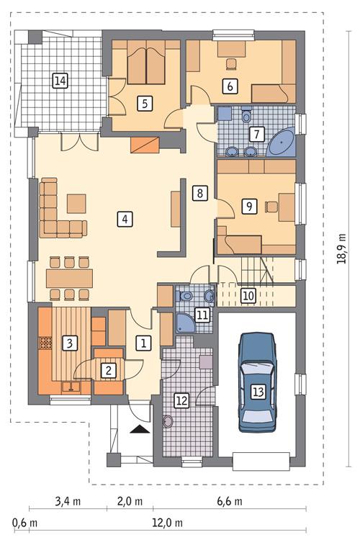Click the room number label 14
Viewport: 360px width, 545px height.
click(60, 81)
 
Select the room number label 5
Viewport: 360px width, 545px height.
click(145, 103)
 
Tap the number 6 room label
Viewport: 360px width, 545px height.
click(230, 86)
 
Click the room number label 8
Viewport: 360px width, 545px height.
click(199, 192)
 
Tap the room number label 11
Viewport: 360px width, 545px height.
click(202, 314)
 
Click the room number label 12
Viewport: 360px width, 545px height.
click(181, 402)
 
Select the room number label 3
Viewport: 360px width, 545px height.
click(69, 343)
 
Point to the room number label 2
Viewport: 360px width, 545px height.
click(108, 371)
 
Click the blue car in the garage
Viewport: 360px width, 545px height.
click(257, 379)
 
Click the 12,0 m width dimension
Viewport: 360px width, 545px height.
click(169, 522)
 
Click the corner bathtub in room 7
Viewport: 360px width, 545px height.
click(282, 143)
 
